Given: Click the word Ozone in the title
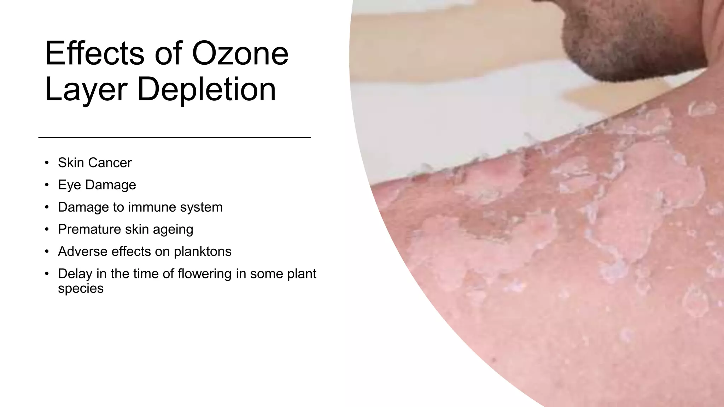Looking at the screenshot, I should click(240, 54).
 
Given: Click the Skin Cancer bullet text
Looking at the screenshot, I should click(95, 163).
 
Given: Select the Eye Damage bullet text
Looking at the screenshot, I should click(97, 185).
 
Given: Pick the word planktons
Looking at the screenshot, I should click(203, 252).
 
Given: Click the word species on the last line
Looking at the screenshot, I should click(81, 289).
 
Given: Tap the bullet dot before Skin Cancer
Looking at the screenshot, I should click(47, 163).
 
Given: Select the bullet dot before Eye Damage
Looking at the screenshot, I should click(47, 185).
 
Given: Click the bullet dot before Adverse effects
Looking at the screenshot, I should click(47, 252).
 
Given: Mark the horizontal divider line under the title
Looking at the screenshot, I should click(174, 137).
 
